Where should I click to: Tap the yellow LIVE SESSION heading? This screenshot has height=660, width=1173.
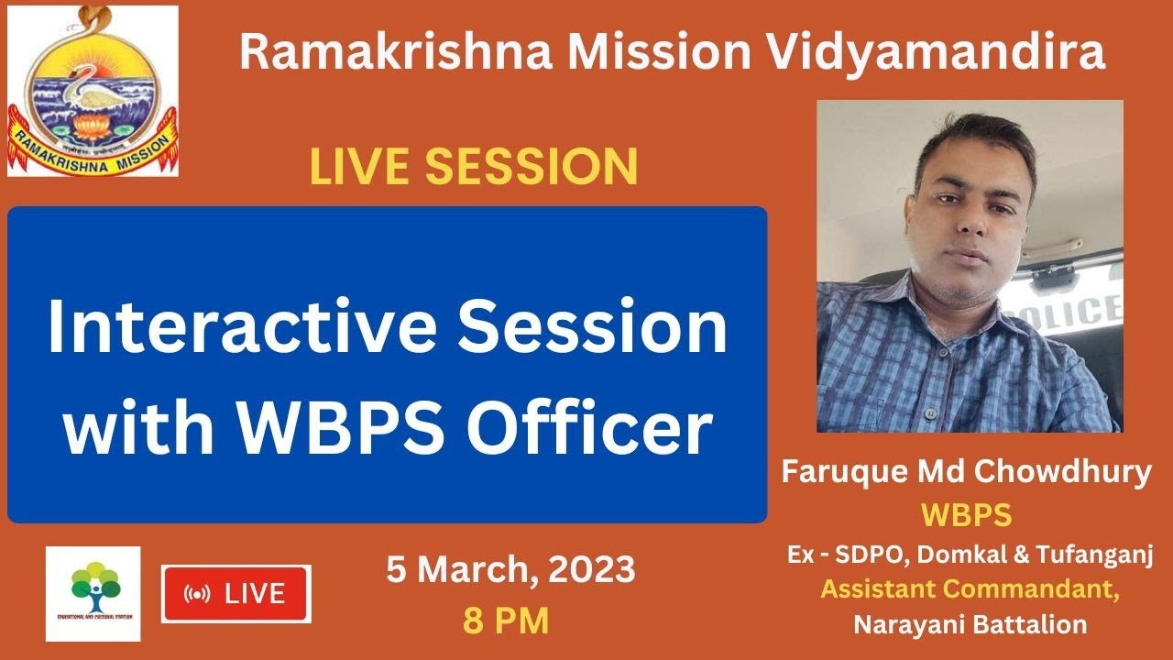(x=473, y=168)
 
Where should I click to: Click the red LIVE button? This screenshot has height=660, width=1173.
(x=236, y=594)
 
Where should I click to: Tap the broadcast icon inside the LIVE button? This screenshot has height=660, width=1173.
(x=196, y=594)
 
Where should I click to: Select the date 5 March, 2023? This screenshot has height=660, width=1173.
(x=510, y=570)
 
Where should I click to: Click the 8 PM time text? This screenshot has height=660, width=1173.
(x=506, y=621)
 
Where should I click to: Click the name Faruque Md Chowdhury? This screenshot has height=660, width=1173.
(x=966, y=473)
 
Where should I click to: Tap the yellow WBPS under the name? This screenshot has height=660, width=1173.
(x=966, y=515)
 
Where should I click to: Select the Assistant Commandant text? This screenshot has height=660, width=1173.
(x=970, y=589)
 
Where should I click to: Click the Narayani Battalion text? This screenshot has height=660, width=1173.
(x=970, y=624)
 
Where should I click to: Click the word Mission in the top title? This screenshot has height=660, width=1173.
(x=658, y=53)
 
